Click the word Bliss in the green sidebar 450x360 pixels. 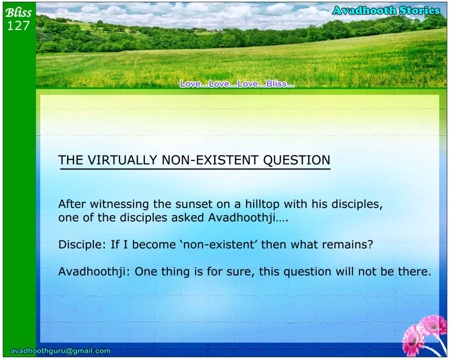click(x=18, y=12)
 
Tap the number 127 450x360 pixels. click(x=18, y=26)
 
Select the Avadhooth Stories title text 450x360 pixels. click(x=386, y=11)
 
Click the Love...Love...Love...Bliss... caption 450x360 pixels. click(x=237, y=84)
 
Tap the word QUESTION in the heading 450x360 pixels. click(x=297, y=160)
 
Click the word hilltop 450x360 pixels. click(x=262, y=204)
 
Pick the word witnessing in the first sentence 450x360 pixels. click(x=120, y=204)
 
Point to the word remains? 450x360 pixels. click(x=347, y=245)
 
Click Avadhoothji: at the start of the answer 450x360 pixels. click(x=94, y=271)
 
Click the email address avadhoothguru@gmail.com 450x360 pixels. click(x=60, y=351)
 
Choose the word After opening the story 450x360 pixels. click(x=72, y=204)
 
